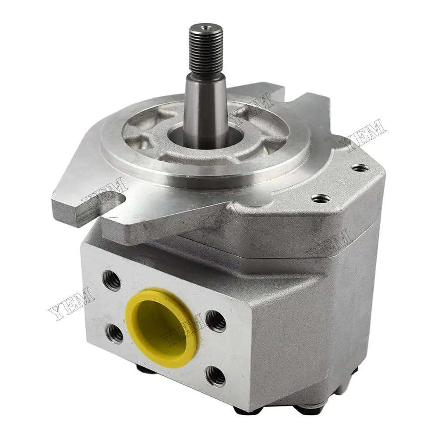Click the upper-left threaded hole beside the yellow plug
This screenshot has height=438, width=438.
(x=112, y=280)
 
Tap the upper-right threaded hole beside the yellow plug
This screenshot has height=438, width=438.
(x=215, y=321)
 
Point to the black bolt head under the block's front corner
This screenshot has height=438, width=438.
(x=244, y=410)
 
